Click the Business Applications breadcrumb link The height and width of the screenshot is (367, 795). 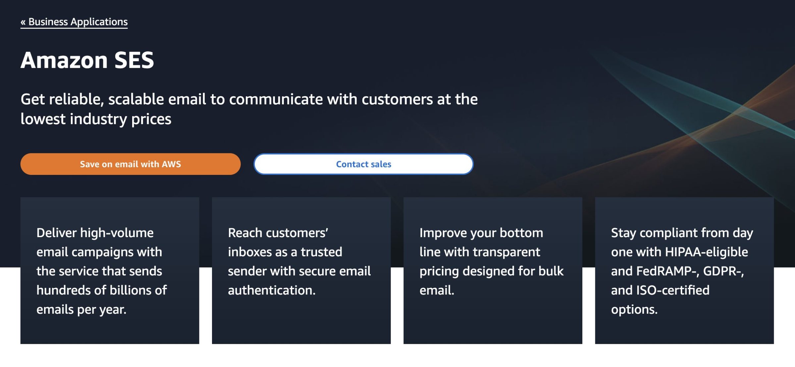click(78, 22)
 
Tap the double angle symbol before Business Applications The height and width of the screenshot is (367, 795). click(23, 22)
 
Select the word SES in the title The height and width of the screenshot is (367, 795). click(134, 60)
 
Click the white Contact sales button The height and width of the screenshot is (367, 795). click(363, 164)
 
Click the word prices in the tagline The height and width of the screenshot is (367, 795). click(151, 119)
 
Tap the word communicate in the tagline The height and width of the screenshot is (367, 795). click(276, 99)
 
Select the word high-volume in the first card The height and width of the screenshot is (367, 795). click(117, 233)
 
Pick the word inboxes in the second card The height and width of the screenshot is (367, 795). click(249, 252)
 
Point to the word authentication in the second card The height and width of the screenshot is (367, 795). click(271, 290)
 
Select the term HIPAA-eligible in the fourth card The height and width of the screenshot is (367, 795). click(706, 252)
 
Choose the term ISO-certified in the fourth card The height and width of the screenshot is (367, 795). click(673, 290)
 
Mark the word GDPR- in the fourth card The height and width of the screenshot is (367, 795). click(723, 271)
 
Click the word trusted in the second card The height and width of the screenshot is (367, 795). click(321, 252)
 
